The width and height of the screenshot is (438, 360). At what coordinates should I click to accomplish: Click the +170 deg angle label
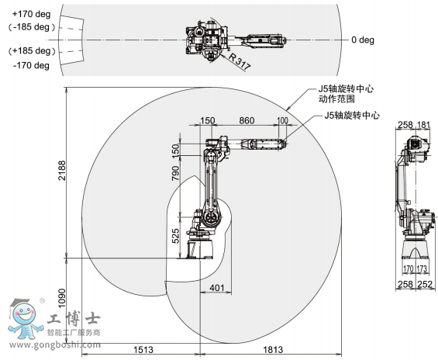(31, 14)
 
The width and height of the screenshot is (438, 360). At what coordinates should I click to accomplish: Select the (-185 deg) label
(32, 27)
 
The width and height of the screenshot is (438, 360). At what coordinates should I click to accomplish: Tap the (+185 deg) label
(32, 51)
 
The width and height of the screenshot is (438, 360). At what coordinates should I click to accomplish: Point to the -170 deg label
(31, 66)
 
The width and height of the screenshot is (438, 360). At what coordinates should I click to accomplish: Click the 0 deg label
(363, 40)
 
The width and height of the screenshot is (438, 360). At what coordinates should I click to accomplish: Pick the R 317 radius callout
(240, 61)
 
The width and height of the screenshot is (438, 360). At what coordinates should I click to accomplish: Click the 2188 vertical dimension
(62, 170)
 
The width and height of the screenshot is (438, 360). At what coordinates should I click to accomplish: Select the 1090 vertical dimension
(62, 298)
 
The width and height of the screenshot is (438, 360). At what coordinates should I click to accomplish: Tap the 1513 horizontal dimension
(143, 350)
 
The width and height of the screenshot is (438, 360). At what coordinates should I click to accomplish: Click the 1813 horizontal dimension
(273, 350)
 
